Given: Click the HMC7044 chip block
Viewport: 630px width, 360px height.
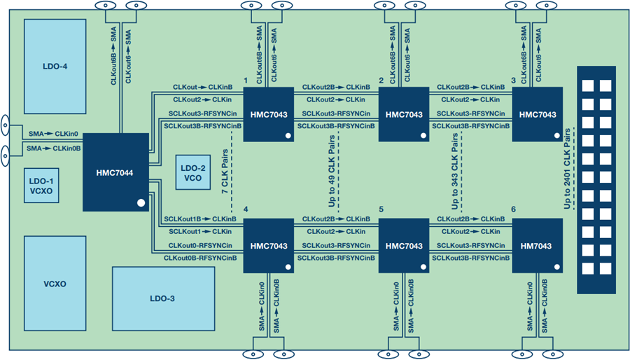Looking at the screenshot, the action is pos(115,172).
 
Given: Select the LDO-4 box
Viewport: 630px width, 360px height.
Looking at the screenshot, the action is pos(55,67).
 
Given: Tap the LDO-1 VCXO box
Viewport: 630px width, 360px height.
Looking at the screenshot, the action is pos(41,186).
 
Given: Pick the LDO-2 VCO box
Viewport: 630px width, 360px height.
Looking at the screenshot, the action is pos(193,172).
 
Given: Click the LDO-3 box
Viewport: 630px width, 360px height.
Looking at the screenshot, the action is pos(163,298).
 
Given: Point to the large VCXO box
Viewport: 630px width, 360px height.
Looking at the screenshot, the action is pos(55,283).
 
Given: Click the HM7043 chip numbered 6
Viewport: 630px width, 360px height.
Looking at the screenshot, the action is pos(537,246).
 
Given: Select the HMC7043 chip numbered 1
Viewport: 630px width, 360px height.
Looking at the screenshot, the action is pos(268,114).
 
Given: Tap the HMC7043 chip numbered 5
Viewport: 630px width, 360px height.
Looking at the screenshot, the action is pos(404,246).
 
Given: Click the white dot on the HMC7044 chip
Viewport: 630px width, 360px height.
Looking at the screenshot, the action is pos(141,203).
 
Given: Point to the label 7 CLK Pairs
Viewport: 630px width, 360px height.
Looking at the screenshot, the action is pos(225,172).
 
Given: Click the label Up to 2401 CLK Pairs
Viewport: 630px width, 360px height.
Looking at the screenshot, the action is pos(567,168).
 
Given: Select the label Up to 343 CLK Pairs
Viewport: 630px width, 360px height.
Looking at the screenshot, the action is pos(455,172).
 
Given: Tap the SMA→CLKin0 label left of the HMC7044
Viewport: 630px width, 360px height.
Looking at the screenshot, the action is pos(53,134).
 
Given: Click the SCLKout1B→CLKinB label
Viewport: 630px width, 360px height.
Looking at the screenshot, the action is pos(200,219).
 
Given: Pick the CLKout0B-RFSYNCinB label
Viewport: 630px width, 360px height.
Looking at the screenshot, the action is pos(200,258).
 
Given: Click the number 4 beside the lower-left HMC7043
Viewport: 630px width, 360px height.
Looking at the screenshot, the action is pos(246,209).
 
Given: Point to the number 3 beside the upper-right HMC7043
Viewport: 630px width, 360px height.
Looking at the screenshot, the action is pos(514,81).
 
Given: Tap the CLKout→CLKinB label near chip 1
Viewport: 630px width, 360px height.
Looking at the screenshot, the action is pos(203,87).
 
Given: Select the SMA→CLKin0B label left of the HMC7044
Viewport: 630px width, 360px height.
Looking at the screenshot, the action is pos(54,148).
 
